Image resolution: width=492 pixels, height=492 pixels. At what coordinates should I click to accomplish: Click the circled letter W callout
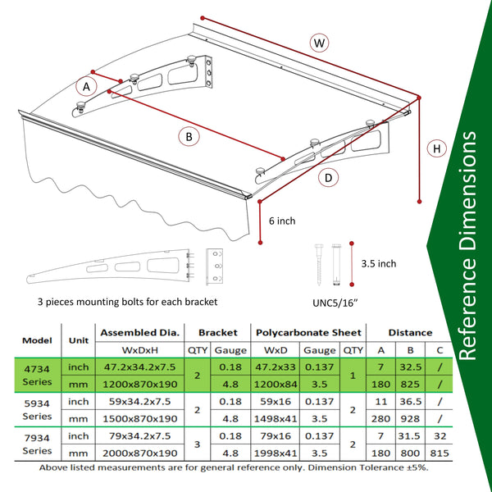click(x=320, y=42)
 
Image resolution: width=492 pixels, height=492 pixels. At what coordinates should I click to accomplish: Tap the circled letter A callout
click(x=84, y=85)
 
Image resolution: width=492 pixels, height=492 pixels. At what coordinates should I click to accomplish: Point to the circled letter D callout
click(x=328, y=177)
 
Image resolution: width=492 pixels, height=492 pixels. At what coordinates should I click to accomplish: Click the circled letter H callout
click(x=437, y=148)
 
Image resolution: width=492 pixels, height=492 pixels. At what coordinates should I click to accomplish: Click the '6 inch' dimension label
click(x=282, y=221)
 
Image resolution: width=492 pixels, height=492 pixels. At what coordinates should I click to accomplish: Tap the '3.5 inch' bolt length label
click(x=379, y=263)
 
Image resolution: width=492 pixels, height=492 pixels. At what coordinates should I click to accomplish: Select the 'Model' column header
click(x=37, y=340)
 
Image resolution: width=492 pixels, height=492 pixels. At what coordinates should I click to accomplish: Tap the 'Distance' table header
click(x=410, y=332)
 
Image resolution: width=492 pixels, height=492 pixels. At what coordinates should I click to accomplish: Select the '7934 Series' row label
click(x=37, y=444)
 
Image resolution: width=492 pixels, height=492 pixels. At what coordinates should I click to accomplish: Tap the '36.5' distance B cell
click(x=410, y=402)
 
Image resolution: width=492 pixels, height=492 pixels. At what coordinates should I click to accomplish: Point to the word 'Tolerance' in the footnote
click(x=376, y=467)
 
